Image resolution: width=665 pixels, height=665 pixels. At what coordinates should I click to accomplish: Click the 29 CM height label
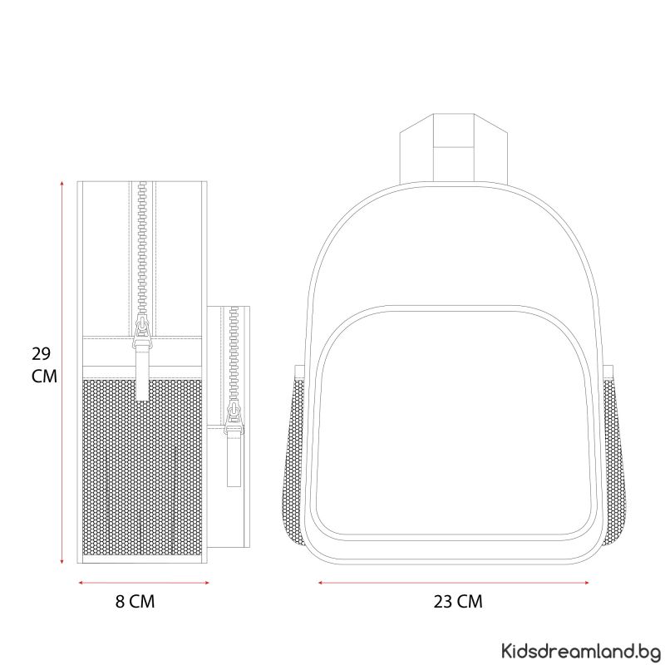[x=44, y=365]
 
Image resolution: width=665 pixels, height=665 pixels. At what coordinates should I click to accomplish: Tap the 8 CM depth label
[x=135, y=601]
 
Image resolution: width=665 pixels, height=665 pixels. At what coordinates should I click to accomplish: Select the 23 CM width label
[x=458, y=601]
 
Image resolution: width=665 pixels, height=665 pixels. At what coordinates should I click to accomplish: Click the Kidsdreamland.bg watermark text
[x=580, y=650]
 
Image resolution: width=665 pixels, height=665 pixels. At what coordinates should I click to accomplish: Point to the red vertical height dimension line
[x=62, y=372]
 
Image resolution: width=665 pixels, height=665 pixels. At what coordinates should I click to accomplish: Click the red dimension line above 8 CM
[x=144, y=583]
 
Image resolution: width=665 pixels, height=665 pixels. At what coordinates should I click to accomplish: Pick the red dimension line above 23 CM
[x=453, y=583]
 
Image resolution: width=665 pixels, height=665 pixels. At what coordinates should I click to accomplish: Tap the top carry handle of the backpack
[x=453, y=149]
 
